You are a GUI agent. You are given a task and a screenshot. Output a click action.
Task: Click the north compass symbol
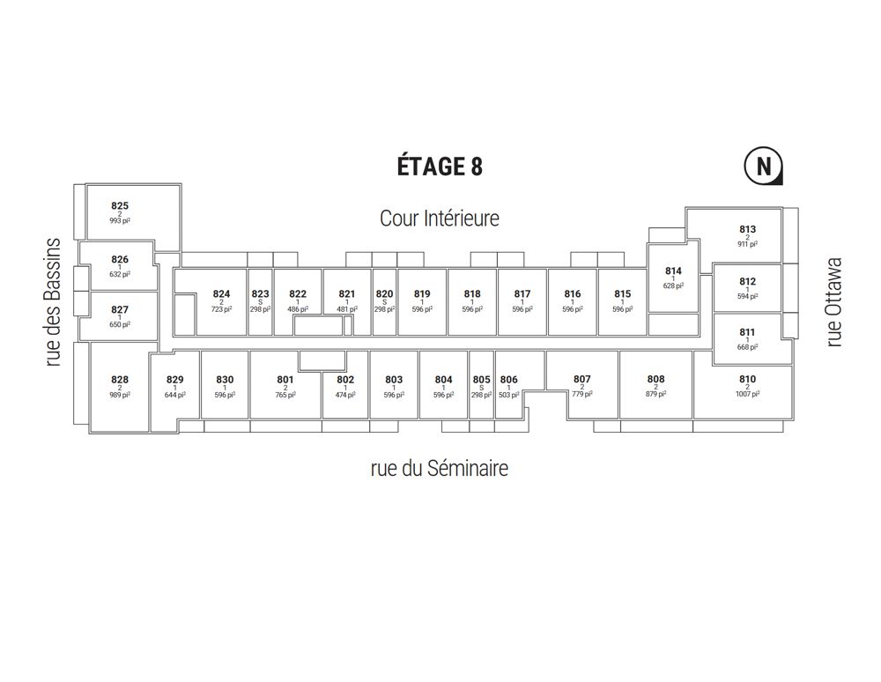click(x=764, y=167)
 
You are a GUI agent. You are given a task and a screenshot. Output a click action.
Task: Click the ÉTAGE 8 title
click(x=440, y=167)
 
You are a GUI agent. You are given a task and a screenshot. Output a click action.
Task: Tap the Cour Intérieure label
click(x=440, y=218)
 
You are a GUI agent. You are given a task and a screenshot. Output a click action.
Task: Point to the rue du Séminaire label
click(x=440, y=468)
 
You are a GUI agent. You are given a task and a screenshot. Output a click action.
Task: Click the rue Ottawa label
click(x=833, y=302)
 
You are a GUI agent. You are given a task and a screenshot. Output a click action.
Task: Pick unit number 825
click(x=120, y=205)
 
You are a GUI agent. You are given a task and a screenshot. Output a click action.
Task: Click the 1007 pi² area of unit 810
click(x=747, y=395)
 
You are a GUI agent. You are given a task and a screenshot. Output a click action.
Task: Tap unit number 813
click(x=747, y=229)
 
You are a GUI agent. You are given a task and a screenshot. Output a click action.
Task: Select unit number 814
click(x=673, y=271)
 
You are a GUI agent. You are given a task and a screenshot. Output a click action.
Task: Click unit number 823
click(x=260, y=293)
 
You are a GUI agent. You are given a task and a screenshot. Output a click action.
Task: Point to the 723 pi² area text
click(x=221, y=309)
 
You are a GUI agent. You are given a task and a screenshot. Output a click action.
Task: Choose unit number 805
click(x=482, y=379)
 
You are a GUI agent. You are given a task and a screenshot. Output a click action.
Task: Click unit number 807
click(x=582, y=379)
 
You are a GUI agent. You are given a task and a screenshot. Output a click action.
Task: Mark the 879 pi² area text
click(x=655, y=395)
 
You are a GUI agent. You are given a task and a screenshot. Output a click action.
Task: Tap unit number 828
click(x=120, y=380)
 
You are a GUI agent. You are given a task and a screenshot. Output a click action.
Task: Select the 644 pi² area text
click(x=174, y=395)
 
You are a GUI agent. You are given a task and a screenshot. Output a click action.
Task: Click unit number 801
click(x=285, y=380)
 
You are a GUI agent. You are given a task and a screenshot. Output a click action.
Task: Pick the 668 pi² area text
click(x=747, y=347)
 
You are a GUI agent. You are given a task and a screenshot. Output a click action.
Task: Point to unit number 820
click(x=384, y=293)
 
